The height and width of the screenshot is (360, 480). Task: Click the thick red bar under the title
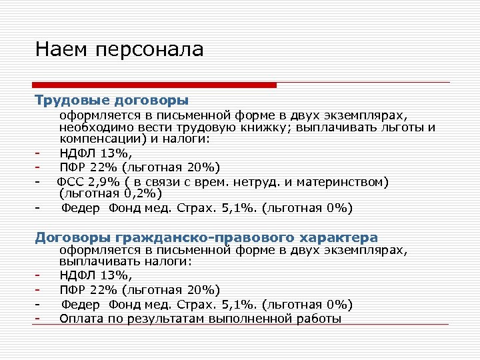(154, 85)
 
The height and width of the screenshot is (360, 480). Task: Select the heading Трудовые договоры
(112, 101)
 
